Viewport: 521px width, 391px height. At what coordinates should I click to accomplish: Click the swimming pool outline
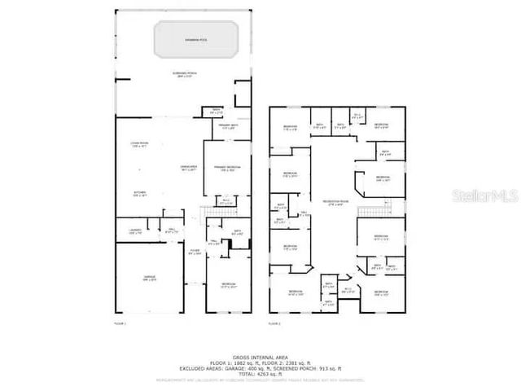(196, 38)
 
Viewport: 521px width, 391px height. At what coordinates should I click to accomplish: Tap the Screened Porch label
(182, 75)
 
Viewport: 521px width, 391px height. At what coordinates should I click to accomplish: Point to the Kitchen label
(139, 194)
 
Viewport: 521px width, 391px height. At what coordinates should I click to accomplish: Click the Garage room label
(149, 279)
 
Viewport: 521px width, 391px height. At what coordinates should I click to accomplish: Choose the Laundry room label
(136, 231)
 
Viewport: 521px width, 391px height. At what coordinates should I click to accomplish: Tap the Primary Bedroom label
(226, 169)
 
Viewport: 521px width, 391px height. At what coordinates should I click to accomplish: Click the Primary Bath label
(229, 126)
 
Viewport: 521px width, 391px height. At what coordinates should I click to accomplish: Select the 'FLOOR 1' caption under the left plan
(120, 324)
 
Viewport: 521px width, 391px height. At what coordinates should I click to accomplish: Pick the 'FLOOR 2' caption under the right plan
(274, 324)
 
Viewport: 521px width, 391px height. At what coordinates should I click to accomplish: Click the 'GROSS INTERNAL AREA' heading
(260, 357)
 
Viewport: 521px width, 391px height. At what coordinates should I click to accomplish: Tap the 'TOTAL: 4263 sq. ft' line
(260, 374)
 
